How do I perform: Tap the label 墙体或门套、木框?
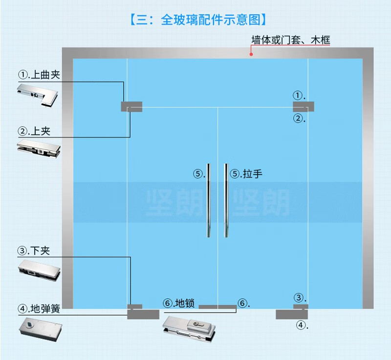[291, 40]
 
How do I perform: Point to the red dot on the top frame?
[251, 54]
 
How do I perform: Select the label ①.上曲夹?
[39, 75]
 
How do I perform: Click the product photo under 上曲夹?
[38, 95]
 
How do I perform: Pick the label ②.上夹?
[34, 131]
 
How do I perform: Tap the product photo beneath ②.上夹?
[39, 149]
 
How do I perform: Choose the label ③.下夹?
[34, 250]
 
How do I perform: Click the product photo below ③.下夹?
[39, 270]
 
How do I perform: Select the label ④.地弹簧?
[39, 309]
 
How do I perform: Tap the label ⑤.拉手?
[246, 174]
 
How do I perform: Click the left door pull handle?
[209, 201]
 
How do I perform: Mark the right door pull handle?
[226, 201]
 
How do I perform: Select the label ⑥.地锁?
[179, 303]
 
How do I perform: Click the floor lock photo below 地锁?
[189, 329]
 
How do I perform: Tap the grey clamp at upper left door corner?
[131, 107]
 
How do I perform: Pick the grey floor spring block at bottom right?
[292, 315]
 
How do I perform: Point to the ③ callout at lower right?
[299, 297]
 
